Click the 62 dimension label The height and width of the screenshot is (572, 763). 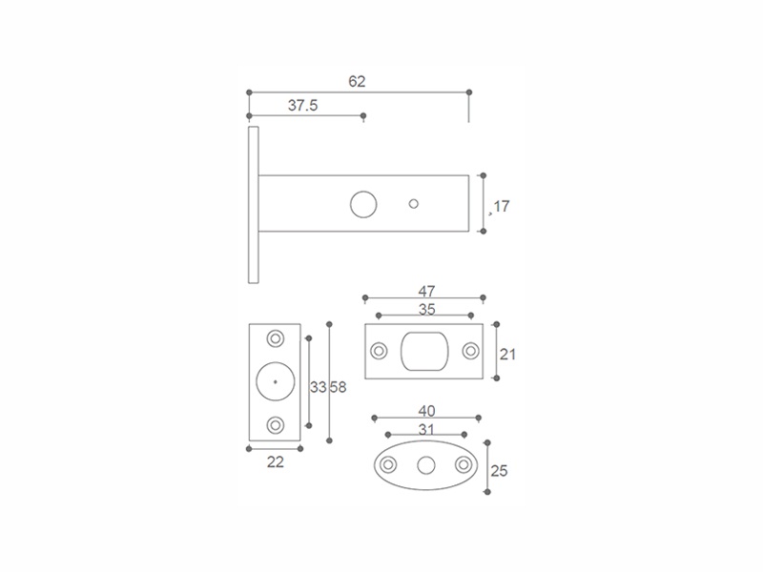357,81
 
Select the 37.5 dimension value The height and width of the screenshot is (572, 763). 302,105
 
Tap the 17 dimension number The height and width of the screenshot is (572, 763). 502,206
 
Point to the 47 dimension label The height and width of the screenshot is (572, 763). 426,291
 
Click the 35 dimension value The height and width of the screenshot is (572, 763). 426,309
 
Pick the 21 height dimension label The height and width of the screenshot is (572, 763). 507,354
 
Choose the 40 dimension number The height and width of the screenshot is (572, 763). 426,411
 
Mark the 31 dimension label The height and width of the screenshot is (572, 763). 426,430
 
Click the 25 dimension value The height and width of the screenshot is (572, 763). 499,471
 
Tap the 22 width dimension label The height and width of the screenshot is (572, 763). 276,461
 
